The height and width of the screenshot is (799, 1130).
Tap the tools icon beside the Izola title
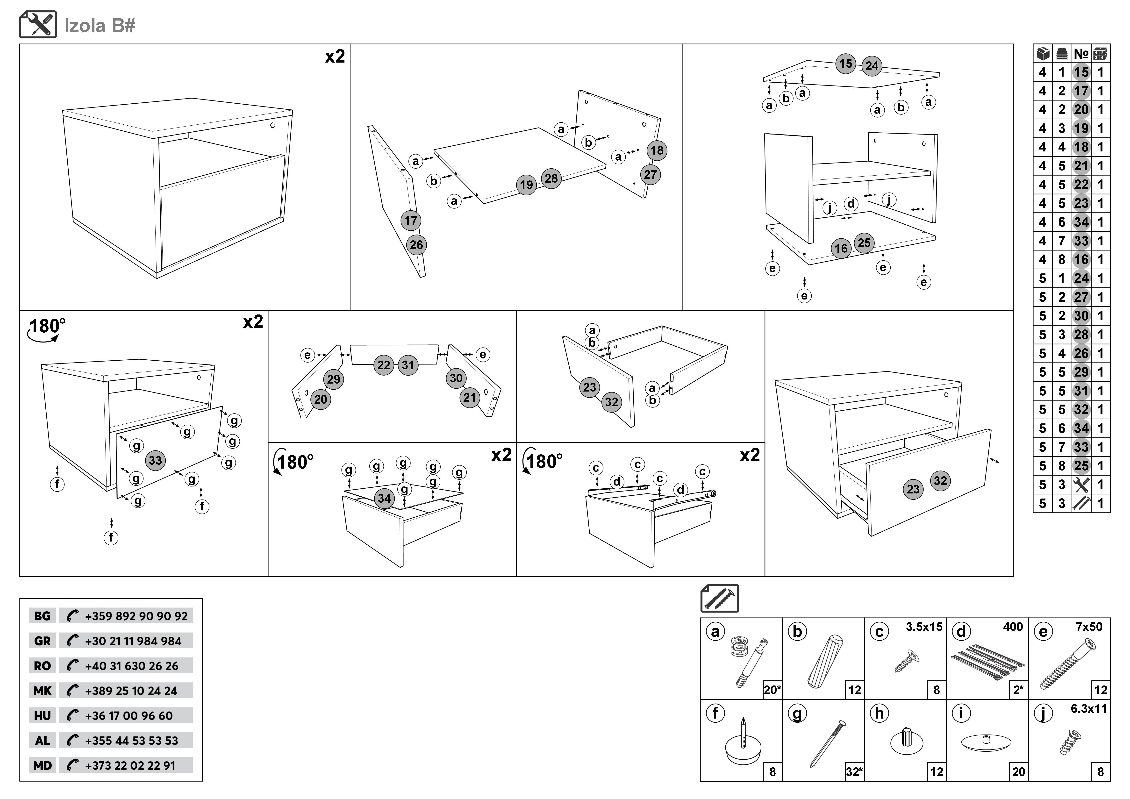(38, 25)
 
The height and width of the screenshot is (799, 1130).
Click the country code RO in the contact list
(42, 666)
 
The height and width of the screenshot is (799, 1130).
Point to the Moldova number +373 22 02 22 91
(130, 765)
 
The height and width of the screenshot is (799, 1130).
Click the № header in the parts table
(1081, 53)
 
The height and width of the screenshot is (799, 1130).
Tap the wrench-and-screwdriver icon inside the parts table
(1081, 485)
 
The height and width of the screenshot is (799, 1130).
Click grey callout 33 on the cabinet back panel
(155, 461)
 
